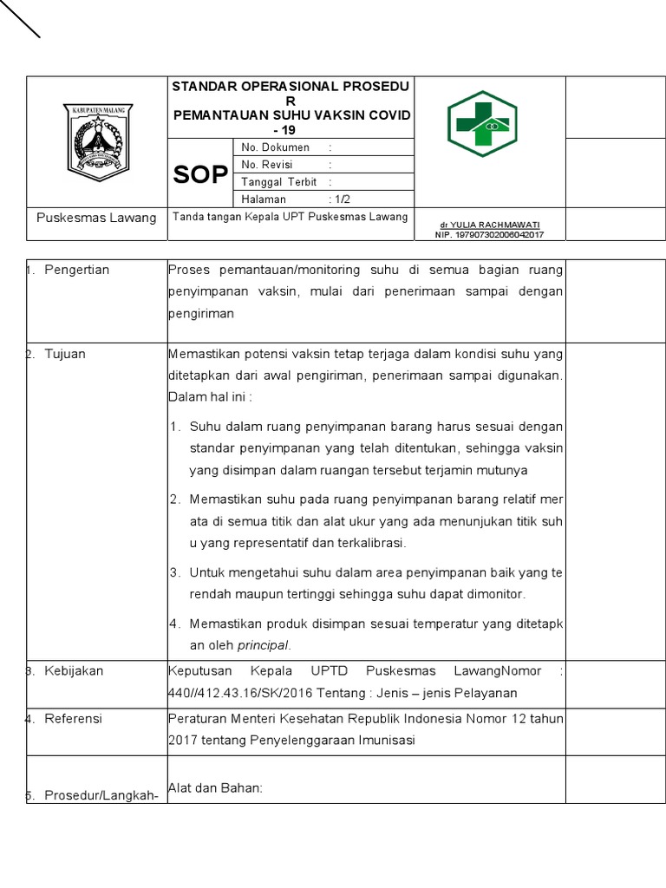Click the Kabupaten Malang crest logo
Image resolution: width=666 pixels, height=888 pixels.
(x=95, y=139)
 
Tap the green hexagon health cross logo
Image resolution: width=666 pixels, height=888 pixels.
(x=482, y=123)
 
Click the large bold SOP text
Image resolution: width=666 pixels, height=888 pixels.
(x=200, y=176)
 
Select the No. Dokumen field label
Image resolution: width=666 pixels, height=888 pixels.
(x=275, y=147)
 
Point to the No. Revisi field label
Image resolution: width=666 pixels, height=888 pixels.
(x=267, y=165)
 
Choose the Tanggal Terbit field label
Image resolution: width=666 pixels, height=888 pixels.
(x=279, y=182)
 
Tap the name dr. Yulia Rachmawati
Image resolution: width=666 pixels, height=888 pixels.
(x=490, y=225)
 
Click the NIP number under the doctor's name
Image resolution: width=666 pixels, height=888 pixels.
(x=490, y=234)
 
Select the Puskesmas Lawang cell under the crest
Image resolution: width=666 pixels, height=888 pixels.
(x=96, y=218)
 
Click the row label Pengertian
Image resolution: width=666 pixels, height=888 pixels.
(x=77, y=270)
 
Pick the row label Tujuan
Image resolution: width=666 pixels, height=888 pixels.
(x=65, y=354)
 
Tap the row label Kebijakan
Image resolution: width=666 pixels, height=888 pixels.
(x=74, y=671)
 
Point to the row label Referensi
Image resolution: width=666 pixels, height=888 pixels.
(x=74, y=719)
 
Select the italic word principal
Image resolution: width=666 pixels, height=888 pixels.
(x=264, y=645)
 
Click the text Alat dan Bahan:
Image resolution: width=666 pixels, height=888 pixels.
(x=215, y=787)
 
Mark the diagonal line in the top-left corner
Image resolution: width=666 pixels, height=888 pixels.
(x=20, y=18)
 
